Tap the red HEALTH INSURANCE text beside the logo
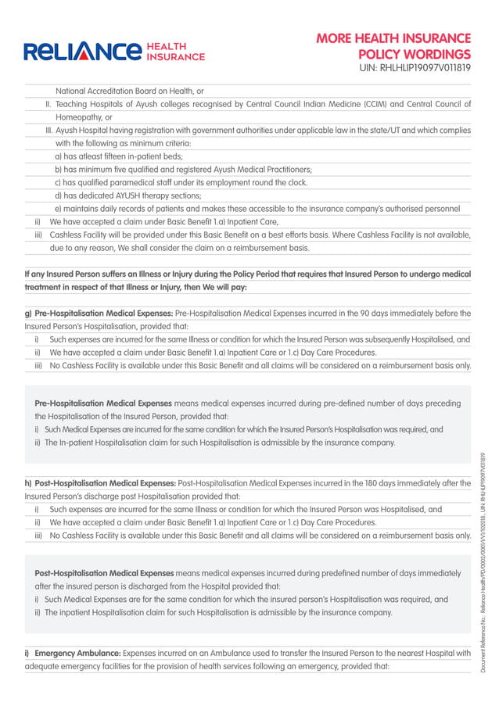(176, 52)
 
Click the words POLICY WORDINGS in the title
(415, 54)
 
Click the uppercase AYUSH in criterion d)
(147, 196)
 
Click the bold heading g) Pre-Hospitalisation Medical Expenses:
(99, 314)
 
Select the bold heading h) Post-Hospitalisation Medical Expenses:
(101, 483)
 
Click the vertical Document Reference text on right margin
(484, 563)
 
